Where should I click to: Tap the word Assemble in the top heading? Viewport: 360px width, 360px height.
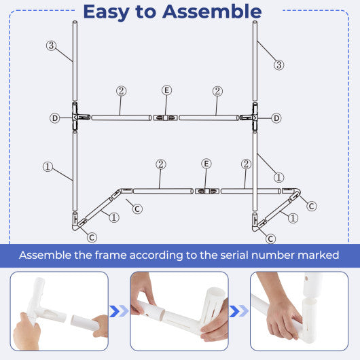tap(213, 12)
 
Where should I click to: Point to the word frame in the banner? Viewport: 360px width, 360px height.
tap(121, 255)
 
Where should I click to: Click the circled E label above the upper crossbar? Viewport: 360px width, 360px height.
tap(167, 91)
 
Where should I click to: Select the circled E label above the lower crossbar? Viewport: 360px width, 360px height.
tap(206, 164)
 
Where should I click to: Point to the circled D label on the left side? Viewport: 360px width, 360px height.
tap(54, 118)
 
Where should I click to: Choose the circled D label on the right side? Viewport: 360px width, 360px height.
tap(276, 118)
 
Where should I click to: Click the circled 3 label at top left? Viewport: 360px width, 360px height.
tap(51, 46)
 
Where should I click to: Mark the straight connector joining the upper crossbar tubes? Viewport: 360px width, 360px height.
tap(166, 118)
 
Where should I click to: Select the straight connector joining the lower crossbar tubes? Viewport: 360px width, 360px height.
tap(206, 192)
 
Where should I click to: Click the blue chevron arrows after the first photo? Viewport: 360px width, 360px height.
tap(119, 310)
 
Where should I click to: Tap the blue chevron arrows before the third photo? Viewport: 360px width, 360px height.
tap(239, 310)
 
